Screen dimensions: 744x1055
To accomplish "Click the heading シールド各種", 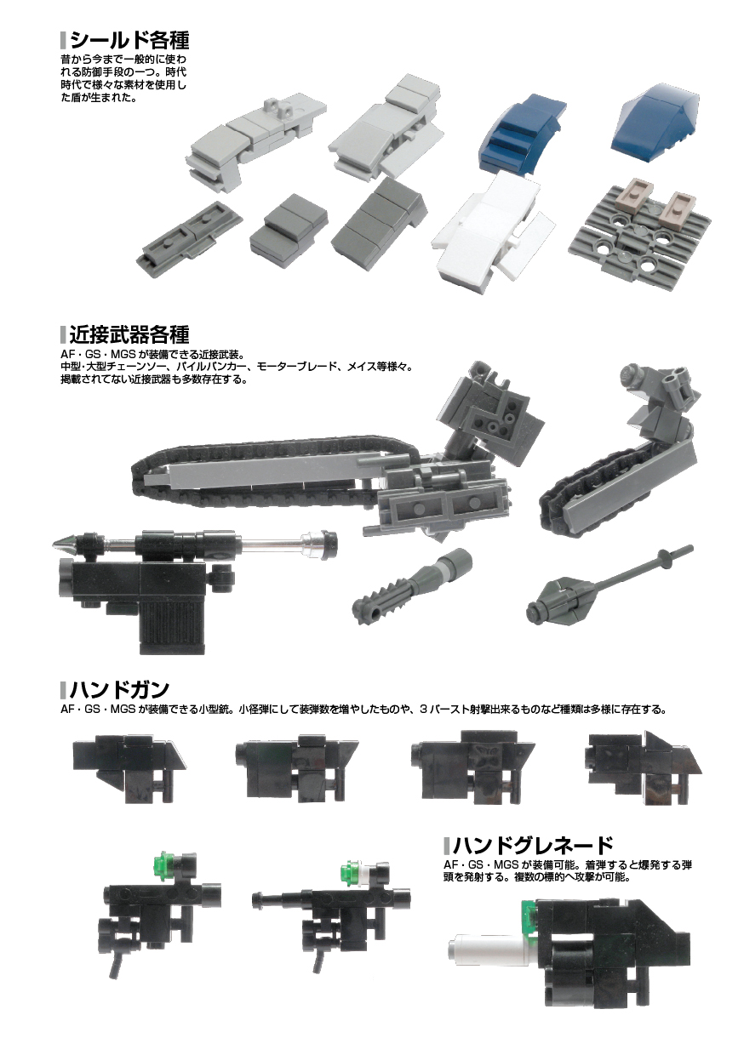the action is (129, 41).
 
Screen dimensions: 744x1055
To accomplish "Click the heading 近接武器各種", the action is (129, 335).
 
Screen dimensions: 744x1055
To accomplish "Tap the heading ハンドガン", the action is (119, 689).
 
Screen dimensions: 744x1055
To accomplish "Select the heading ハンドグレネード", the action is (532, 846).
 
